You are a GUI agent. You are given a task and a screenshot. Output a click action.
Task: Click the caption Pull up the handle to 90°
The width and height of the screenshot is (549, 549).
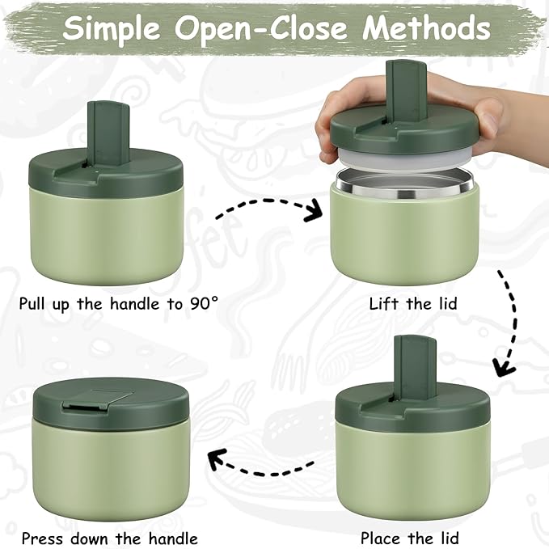pos(119,304)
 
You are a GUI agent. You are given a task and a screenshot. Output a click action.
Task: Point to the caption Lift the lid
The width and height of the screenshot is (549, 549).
pos(413,304)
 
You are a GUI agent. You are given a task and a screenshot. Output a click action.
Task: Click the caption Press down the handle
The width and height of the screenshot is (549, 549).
pos(109,537)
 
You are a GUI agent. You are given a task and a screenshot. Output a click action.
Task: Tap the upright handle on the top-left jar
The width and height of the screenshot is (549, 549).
pos(103,129)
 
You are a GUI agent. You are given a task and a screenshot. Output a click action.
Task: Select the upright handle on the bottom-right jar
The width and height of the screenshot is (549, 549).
pos(414,364)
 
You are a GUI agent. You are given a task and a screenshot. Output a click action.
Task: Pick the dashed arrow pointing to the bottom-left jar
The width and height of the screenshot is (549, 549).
pos(259,462)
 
